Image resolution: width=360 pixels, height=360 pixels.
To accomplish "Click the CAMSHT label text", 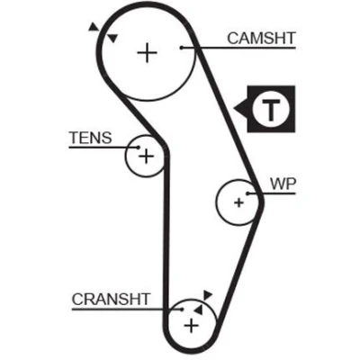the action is (x=261, y=39).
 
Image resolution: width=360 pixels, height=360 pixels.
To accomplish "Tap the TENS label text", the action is (x=91, y=138).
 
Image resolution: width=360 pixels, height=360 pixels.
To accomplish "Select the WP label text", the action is (x=283, y=184).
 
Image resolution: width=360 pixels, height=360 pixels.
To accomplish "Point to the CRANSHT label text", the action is (x=111, y=299).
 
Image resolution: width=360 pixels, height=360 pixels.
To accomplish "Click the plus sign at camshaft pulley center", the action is (x=147, y=53).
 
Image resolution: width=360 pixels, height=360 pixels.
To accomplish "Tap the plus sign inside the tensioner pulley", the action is (x=146, y=157).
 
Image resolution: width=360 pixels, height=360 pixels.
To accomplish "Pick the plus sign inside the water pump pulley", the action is (x=238, y=202).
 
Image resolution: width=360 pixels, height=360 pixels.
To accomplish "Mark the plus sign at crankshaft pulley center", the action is (x=192, y=326).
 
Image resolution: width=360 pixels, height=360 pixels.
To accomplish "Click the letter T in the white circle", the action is (x=271, y=109).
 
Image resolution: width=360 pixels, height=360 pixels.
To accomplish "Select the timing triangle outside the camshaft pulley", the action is (x=94, y=27).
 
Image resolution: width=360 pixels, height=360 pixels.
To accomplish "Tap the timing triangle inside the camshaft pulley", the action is (x=112, y=38).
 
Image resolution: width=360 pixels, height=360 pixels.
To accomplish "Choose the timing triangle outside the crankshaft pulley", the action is (x=207, y=294).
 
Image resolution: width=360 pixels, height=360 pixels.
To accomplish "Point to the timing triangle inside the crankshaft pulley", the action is (x=199, y=310).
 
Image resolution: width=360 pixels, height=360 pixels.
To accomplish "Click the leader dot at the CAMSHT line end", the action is (x=181, y=48).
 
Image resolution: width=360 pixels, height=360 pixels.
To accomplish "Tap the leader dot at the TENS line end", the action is (x=138, y=147).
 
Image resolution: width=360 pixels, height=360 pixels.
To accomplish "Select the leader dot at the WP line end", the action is (x=247, y=193).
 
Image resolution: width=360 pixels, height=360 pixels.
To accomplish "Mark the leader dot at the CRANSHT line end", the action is (x=181, y=309).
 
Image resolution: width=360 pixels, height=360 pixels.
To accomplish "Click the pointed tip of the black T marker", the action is (x=234, y=109).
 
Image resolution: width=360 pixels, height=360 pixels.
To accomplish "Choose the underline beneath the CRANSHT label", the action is (x=127, y=309).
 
